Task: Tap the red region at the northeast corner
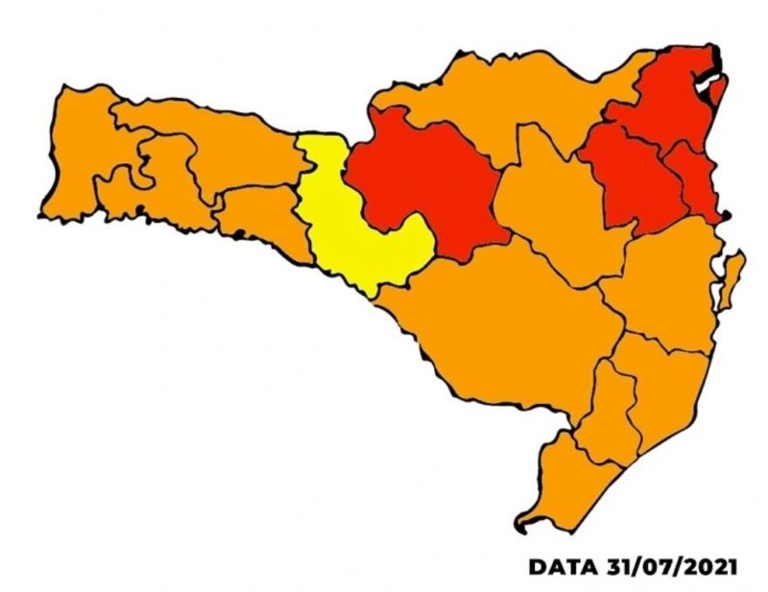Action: click(x=672, y=96)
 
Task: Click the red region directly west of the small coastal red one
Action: click(x=629, y=178)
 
